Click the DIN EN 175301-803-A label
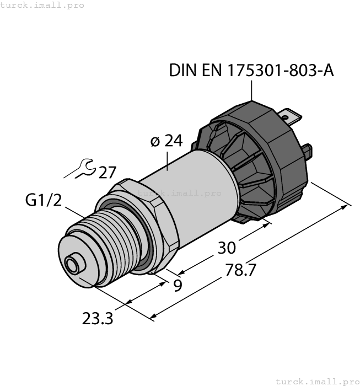[251, 71]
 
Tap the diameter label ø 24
[166, 141]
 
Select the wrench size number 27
[108, 173]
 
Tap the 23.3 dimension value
[98, 318]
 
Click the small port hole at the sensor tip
[72, 265]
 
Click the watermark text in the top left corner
[42, 5]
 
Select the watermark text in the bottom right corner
[317, 381]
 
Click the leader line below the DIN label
[251, 90]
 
